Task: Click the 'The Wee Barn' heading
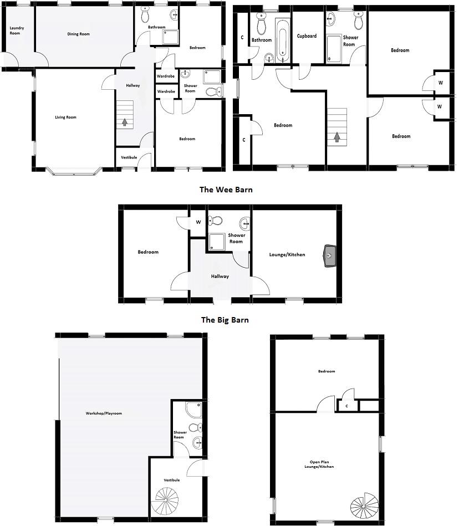coord(226,190)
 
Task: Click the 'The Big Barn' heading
coord(225,320)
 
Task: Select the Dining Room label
coord(79,34)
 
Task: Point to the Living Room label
coord(65,118)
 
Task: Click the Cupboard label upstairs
coord(307,36)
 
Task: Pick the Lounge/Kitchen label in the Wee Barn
coord(287,255)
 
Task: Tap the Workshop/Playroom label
coord(104,413)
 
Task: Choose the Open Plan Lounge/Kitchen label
coord(322,464)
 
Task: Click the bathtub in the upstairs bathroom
coord(283,40)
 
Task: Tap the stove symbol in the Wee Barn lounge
coord(329,256)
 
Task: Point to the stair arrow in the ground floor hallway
coord(125,122)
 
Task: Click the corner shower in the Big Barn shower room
coord(193,410)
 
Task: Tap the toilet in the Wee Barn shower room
coord(217,221)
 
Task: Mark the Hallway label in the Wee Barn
coord(220,277)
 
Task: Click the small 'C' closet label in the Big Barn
coord(347,406)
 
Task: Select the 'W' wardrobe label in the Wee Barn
coord(198,223)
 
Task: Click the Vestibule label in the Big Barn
coord(172,480)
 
